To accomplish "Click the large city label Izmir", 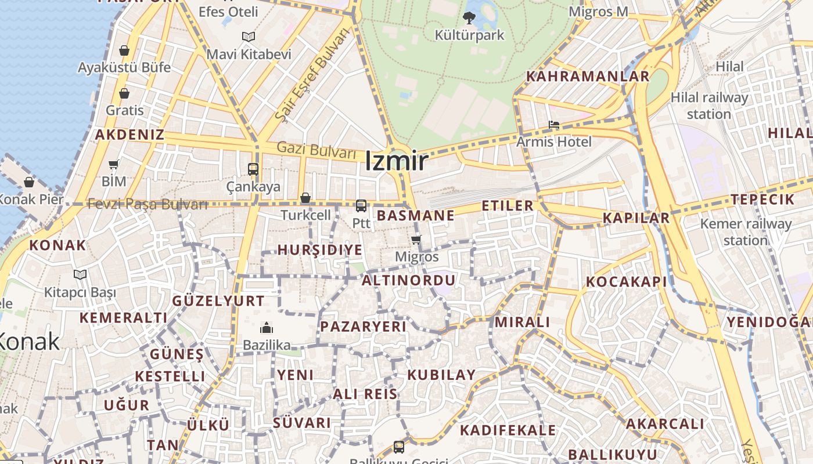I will (x=397, y=161).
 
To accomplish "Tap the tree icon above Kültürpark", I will (x=469, y=18).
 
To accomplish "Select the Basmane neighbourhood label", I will (x=416, y=216).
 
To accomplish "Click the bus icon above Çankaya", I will (x=253, y=169).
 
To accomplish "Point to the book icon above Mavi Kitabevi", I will (x=249, y=37).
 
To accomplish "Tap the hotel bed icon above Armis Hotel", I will (x=553, y=125).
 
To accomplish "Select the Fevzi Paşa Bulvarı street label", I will (x=148, y=204).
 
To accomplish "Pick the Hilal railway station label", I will (x=709, y=106).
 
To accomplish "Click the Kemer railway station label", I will (x=746, y=231).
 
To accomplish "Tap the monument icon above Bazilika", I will (x=267, y=328).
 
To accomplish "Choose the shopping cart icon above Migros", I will (x=416, y=240).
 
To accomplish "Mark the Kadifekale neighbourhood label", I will (x=508, y=430).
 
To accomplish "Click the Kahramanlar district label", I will (x=588, y=77).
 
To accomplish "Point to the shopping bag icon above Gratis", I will (x=124, y=93).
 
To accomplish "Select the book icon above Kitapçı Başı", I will (x=80, y=274).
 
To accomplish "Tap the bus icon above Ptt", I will (x=361, y=205).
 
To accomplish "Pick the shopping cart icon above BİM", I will (x=114, y=165).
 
